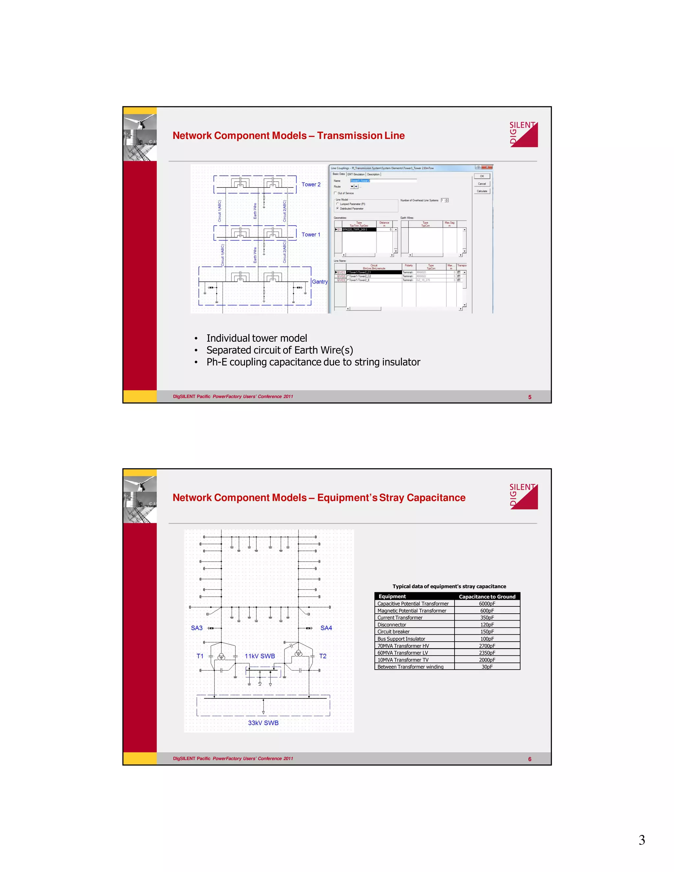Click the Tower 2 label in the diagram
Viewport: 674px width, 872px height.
click(x=311, y=185)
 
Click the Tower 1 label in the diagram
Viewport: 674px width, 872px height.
click(x=311, y=234)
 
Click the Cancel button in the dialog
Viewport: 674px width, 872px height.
click(x=482, y=184)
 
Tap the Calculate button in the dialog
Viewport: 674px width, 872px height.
click(x=482, y=191)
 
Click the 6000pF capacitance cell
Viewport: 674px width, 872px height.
click(x=487, y=604)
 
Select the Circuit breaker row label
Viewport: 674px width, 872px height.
click(x=393, y=632)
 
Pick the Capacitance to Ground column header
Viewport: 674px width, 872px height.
click(x=487, y=597)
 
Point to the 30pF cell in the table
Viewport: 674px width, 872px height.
click(x=487, y=667)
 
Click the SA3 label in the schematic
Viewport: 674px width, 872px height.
click(x=196, y=628)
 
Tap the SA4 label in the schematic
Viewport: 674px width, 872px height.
click(x=326, y=628)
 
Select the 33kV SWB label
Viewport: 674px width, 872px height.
click(x=263, y=723)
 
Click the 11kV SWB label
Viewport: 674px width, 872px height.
click(x=260, y=656)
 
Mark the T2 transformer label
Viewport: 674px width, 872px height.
click(x=323, y=656)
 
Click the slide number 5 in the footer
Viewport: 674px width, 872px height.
click(x=530, y=397)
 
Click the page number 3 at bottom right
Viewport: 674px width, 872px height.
click(x=641, y=840)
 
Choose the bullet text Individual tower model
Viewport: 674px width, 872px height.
click(x=256, y=338)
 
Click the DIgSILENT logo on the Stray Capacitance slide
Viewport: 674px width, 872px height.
click(x=524, y=496)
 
